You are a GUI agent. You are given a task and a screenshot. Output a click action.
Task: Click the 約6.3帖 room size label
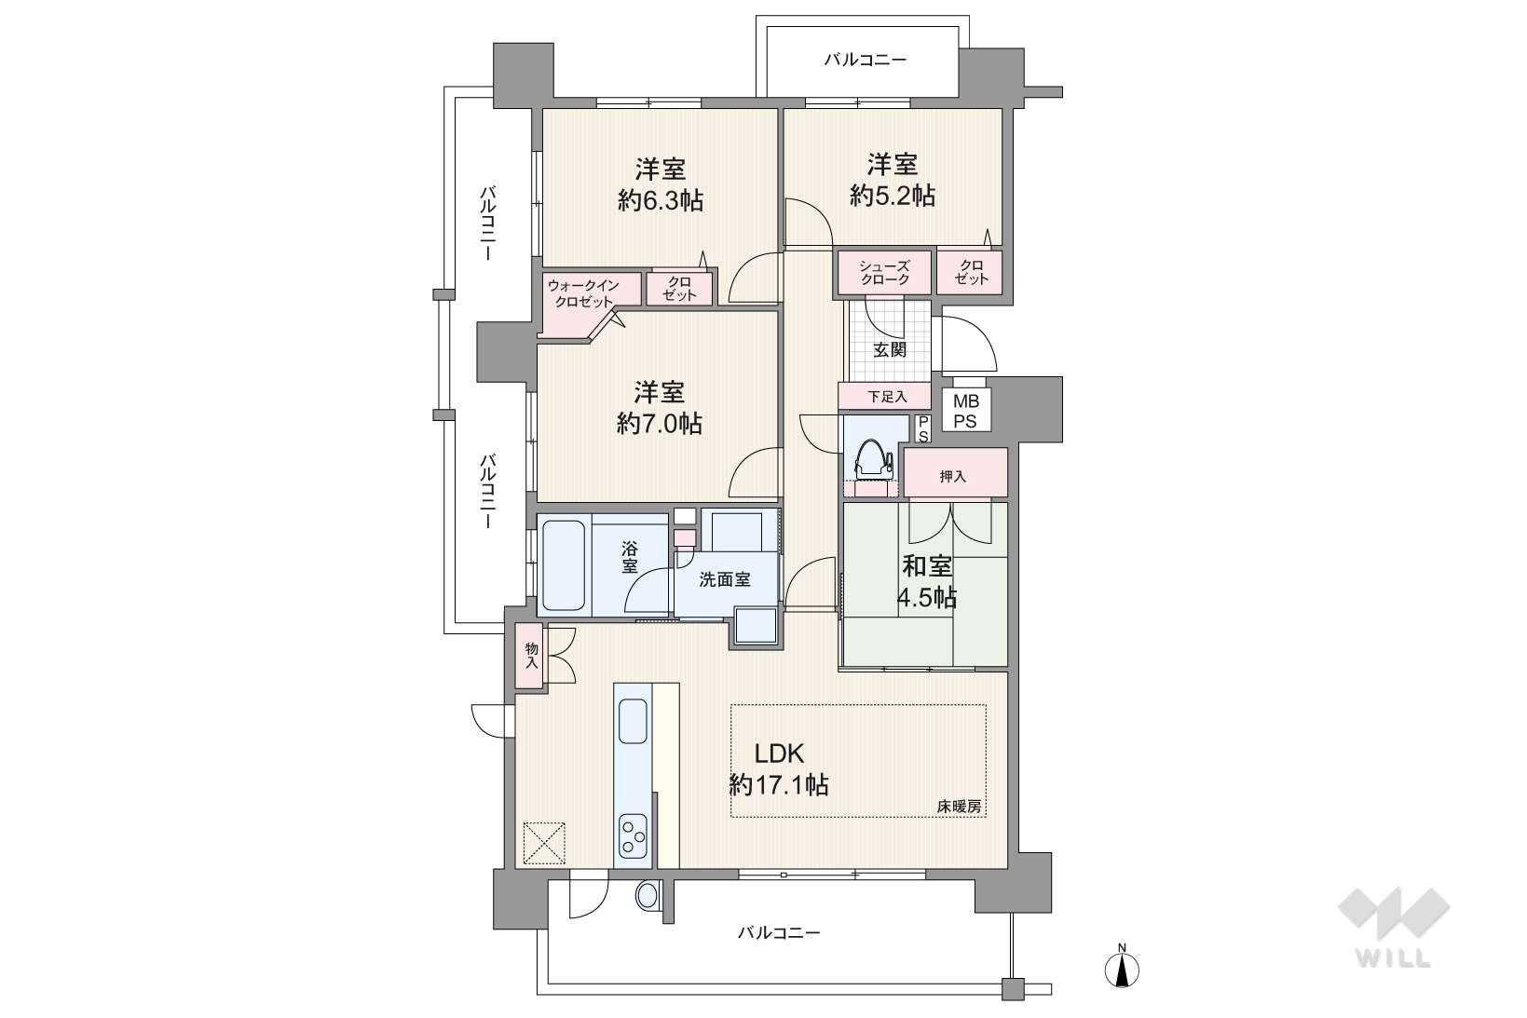pos(660,201)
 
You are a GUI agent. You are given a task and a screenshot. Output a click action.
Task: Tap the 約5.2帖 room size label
pos(893,197)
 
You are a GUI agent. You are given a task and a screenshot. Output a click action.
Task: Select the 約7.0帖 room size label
pos(660,424)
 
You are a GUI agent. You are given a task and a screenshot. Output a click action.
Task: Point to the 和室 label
pos(927,565)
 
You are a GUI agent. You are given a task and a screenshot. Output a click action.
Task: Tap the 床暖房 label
pos(959,806)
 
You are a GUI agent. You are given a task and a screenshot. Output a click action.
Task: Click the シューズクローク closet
pos(884,273)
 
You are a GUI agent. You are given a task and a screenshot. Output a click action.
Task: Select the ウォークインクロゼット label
pos(583,293)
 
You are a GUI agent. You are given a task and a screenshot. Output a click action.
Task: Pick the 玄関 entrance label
pos(890,350)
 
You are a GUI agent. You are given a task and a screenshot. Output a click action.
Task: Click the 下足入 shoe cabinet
pos(884,396)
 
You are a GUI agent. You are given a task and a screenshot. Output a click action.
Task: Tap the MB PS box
pos(965,412)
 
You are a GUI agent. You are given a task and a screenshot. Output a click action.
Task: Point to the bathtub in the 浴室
pos(564,565)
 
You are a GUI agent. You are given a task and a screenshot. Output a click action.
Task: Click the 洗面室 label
pos(725,580)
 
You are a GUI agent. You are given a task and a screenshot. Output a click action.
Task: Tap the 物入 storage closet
pos(530,655)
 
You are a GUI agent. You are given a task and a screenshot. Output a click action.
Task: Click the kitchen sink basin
pos(634,721)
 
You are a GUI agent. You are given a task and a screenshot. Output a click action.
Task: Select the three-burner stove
pos(634,836)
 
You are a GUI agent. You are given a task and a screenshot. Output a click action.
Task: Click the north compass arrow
pos(1122,970)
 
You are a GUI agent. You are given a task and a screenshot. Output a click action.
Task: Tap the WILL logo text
pos(1393,958)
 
